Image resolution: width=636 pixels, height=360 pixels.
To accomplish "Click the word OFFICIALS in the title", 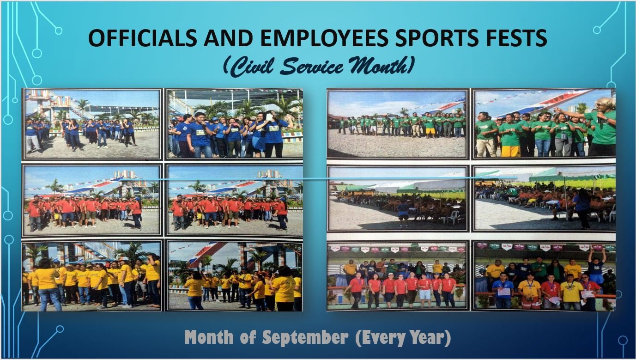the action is tap(143, 38).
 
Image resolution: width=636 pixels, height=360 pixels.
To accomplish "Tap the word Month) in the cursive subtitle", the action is tap(380, 67).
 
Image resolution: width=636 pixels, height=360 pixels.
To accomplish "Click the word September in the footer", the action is tap(305, 337).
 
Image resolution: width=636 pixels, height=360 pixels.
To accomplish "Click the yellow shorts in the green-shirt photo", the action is tap(510, 151).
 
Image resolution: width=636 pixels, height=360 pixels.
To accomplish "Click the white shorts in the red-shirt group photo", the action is tap(425, 294).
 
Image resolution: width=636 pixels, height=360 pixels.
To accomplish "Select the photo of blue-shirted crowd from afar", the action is tap(92, 124).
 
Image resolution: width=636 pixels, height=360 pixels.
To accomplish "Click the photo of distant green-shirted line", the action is tap(397, 124).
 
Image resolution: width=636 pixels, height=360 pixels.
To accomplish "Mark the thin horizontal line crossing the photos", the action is tap(317, 179).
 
